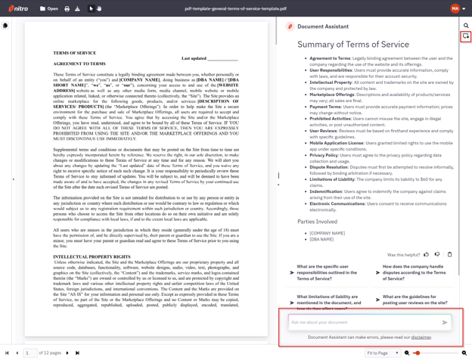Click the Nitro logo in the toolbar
click(x=18, y=9)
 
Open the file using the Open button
click(x=48, y=9)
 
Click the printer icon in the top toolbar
click(x=67, y=9)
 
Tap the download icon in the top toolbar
click(x=77, y=9)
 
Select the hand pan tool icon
click(x=99, y=9)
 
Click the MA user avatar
click(x=455, y=9)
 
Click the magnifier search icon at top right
click(x=466, y=25)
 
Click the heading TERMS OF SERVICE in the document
click(x=74, y=53)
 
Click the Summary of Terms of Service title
click(x=353, y=45)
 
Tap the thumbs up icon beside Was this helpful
click(x=426, y=255)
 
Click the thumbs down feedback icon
click(x=437, y=255)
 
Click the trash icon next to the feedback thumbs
click(x=449, y=255)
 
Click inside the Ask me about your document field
click(x=363, y=322)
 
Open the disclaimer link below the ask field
click(x=421, y=337)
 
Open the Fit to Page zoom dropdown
click(x=383, y=353)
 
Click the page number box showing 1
click(x=30, y=353)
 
